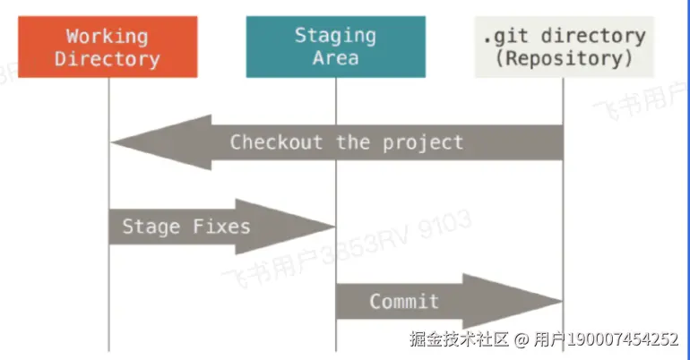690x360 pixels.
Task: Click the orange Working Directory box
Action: pyautogui.click(x=107, y=47)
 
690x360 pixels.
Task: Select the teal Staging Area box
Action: pyautogui.click(x=335, y=47)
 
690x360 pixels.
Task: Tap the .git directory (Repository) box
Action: pyautogui.click(x=564, y=47)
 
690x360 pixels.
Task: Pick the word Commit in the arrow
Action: pyautogui.click(x=404, y=301)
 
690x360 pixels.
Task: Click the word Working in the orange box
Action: pyautogui.click(x=107, y=36)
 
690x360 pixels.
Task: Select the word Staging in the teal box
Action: pyautogui.click(x=335, y=36)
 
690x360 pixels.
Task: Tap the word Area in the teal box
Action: pyautogui.click(x=335, y=58)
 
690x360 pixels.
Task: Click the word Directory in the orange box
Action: pyautogui.click(x=107, y=59)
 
